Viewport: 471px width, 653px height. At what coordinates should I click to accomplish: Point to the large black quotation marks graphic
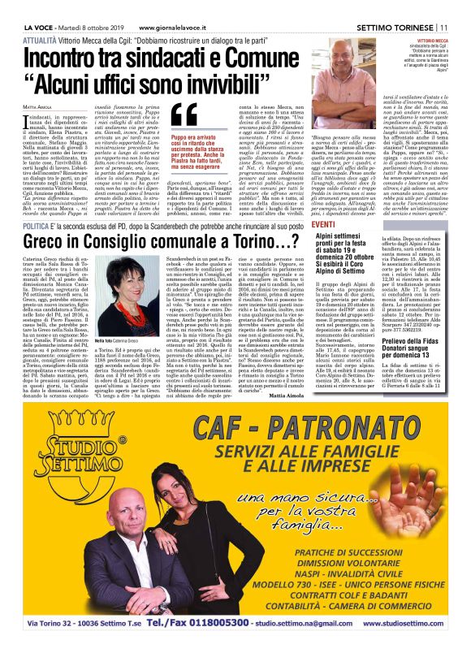pyautogui.click(x=184, y=114)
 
